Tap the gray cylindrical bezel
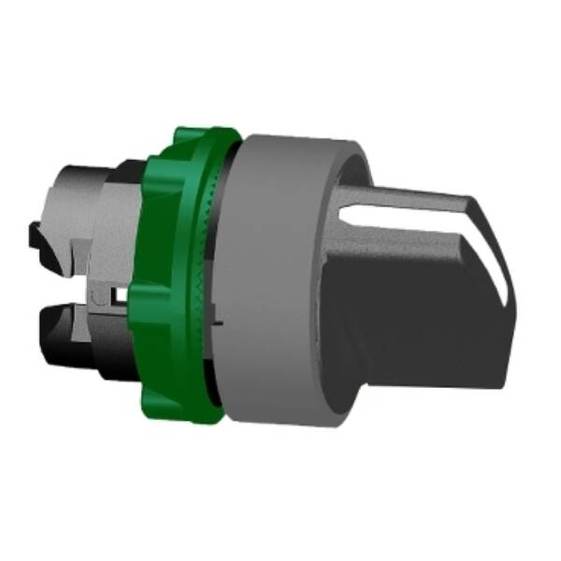pyautogui.click(x=271, y=280)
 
